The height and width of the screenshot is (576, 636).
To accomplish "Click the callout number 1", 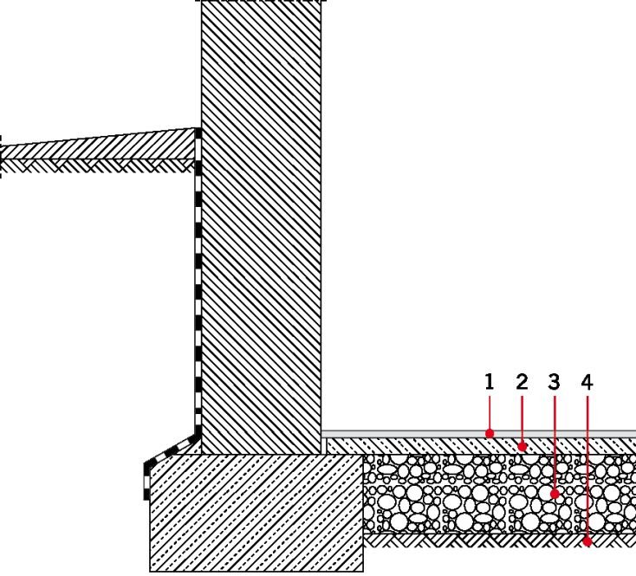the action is point(490,382).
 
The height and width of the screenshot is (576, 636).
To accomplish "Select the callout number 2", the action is point(522,382).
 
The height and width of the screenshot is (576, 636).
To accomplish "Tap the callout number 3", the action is point(554,382).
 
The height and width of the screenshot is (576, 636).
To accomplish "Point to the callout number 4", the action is point(587,382).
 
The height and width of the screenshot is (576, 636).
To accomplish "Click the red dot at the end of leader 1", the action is point(490,434).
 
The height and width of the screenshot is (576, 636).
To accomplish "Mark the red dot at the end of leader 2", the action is point(522,447).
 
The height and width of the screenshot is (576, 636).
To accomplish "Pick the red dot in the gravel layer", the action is point(555,494).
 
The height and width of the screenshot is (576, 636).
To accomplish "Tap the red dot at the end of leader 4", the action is point(587,541).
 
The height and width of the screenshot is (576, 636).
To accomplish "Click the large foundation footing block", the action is point(256,513).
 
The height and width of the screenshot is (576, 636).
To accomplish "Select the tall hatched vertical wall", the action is point(261,227).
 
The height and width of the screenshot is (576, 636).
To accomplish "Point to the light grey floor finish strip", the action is point(478,434).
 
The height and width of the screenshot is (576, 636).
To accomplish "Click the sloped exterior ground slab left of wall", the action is point(97,146).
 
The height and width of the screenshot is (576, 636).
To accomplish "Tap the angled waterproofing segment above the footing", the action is point(172,450).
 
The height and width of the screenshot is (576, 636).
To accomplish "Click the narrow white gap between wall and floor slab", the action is point(324,446).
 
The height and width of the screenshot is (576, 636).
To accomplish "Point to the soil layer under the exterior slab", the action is point(97,165).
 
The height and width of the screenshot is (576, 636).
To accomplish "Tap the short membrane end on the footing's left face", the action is point(146,482).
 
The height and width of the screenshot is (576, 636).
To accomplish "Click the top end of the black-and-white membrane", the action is point(198,130).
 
